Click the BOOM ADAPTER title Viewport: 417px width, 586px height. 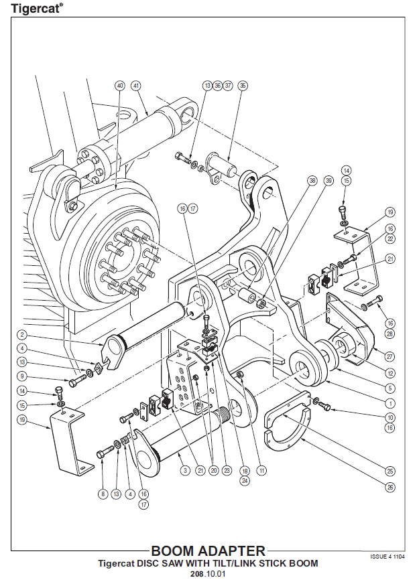click(208, 551)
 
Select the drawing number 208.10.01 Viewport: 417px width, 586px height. click(208, 575)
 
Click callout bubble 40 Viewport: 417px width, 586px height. click(120, 86)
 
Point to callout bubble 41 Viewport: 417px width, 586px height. click(136, 86)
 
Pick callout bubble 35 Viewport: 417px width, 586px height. click(243, 86)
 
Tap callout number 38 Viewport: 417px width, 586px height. click(312, 181)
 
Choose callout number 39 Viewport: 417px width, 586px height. click(329, 181)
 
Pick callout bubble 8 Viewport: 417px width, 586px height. click(103, 494)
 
